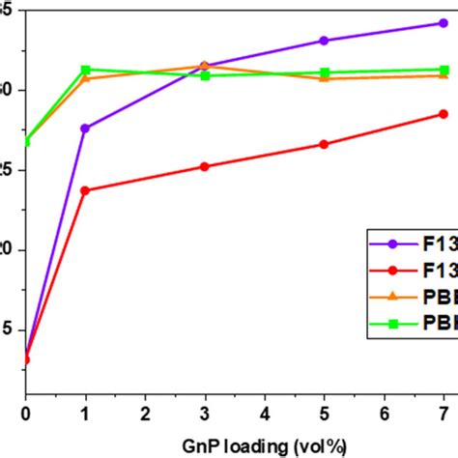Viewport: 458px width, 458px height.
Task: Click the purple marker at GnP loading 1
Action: tap(85, 128)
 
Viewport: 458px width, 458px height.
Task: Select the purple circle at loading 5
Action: tap(324, 41)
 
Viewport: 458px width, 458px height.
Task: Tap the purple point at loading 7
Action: tap(444, 23)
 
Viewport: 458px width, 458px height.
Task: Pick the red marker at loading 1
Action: tap(85, 190)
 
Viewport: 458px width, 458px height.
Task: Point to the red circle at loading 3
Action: tap(204, 166)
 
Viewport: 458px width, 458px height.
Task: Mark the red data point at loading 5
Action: tap(324, 144)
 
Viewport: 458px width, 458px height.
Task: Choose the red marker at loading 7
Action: tap(444, 114)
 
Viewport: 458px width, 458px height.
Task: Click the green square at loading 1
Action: tap(85, 70)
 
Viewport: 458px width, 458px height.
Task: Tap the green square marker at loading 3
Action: tap(204, 75)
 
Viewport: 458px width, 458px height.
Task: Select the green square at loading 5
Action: tap(324, 72)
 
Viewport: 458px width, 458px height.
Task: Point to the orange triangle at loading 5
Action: tap(324, 78)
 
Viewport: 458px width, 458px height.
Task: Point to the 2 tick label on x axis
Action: tap(145, 415)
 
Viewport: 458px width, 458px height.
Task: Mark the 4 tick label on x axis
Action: tap(265, 415)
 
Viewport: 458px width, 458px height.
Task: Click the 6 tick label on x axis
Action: tap(384, 415)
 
